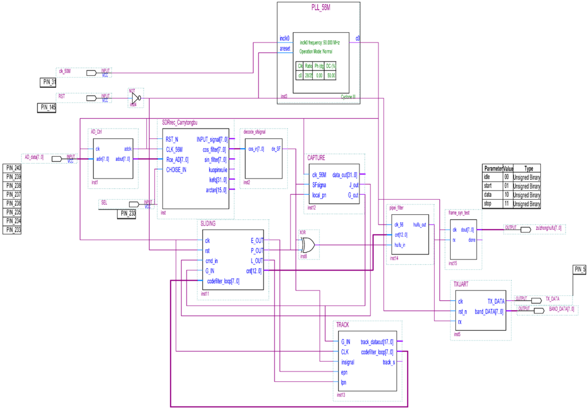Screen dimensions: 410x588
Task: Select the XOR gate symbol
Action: coord(307,245)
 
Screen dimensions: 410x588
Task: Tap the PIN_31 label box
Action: coord(49,82)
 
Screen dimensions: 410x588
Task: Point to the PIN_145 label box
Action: coord(47,107)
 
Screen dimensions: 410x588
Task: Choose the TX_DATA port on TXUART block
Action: coord(496,301)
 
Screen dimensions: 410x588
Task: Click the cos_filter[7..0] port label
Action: coord(215,149)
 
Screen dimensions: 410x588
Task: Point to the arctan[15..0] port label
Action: coord(215,189)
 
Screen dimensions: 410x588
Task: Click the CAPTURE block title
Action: coord(316,157)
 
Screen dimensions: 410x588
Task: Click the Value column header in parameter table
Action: coord(509,169)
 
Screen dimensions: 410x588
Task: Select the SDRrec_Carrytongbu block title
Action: coord(180,123)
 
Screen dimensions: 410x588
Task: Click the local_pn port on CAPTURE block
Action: coord(319,195)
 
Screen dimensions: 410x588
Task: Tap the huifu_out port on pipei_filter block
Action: coord(420,225)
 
